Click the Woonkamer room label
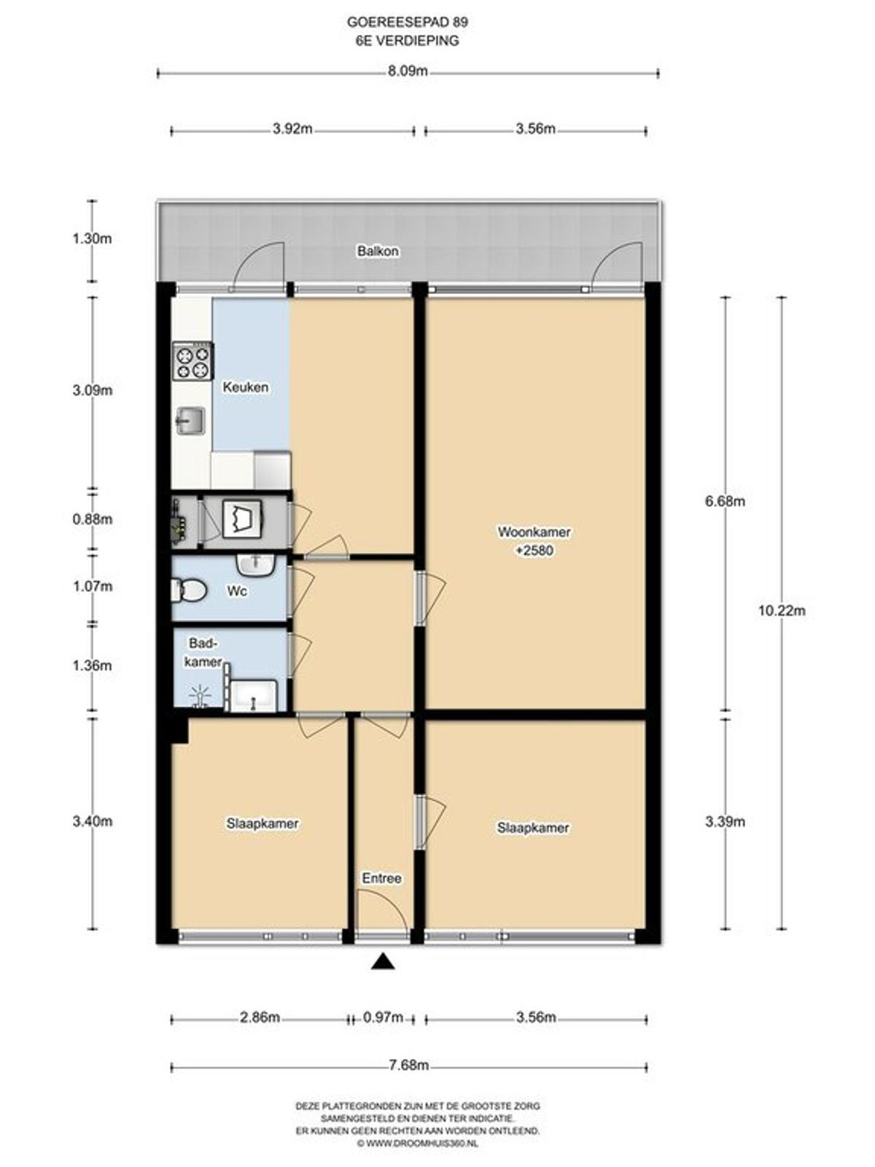point(534,532)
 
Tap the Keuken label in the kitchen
point(245,387)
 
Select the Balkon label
point(378,251)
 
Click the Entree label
point(381,878)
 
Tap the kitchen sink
point(191,421)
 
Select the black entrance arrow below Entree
point(382,963)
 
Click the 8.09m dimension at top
point(408,71)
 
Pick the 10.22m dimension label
point(782,611)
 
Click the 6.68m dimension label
point(725,501)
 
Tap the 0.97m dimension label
point(384,1017)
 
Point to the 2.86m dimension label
point(260,1017)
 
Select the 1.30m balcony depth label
point(92,239)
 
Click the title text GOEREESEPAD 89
point(408,23)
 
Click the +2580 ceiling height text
point(534,551)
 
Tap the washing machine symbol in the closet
point(242,518)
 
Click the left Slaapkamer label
point(262,823)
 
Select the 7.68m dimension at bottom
point(408,1066)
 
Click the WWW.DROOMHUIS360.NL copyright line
point(418,1144)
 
